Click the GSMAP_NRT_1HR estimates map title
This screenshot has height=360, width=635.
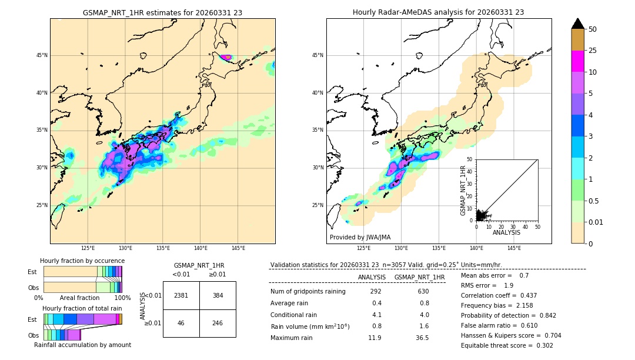click(162, 12)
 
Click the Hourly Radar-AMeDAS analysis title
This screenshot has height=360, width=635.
click(439, 12)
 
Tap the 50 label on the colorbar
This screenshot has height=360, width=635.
click(593, 29)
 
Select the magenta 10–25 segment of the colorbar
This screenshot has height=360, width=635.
click(577, 61)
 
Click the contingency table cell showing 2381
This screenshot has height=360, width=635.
click(181, 295)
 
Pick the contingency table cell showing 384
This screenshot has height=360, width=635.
click(218, 295)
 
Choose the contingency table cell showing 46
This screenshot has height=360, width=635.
click(181, 323)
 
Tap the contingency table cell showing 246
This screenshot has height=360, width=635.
click(218, 323)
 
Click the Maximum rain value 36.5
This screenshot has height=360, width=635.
click(422, 338)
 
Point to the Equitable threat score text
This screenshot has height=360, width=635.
click(507, 345)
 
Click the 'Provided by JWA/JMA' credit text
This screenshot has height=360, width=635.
click(360, 238)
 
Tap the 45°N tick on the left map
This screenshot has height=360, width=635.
click(42, 55)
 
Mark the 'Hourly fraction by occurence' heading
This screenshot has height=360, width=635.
click(82, 261)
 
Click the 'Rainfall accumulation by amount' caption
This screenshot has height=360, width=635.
click(82, 345)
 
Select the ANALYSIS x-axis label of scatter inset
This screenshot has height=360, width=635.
click(506, 232)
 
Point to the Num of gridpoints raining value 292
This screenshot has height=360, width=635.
click(376, 291)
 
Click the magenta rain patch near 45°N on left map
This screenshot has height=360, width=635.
click(226, 57)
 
